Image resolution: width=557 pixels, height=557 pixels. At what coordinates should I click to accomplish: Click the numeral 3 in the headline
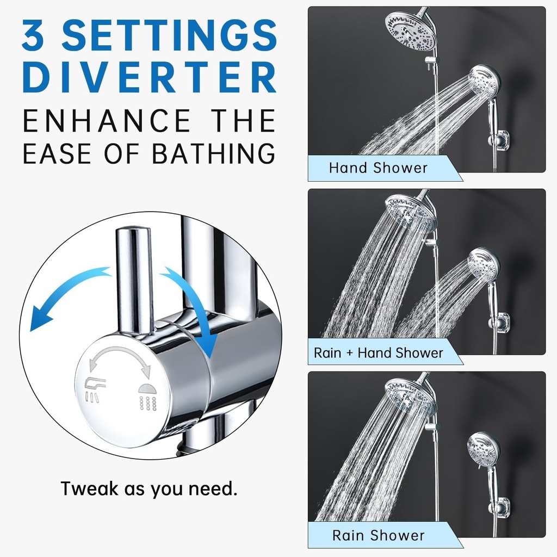(x=33, y=34)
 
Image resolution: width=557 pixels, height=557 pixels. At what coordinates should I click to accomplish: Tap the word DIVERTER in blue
(x=150, y=77)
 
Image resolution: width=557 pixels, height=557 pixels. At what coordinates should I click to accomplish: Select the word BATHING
(x=214, y=153)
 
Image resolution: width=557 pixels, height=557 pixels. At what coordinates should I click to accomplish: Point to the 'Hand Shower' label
(x=378, y=168)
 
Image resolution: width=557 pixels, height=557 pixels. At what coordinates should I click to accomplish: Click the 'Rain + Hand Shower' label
(x=379, y=352)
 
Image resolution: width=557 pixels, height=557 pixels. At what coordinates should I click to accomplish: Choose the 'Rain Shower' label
(x=379, y=535)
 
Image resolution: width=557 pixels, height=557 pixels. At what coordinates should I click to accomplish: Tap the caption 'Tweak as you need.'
(x=149, y=489)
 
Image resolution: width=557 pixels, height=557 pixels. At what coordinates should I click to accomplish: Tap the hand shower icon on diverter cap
(x=95, y=389)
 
